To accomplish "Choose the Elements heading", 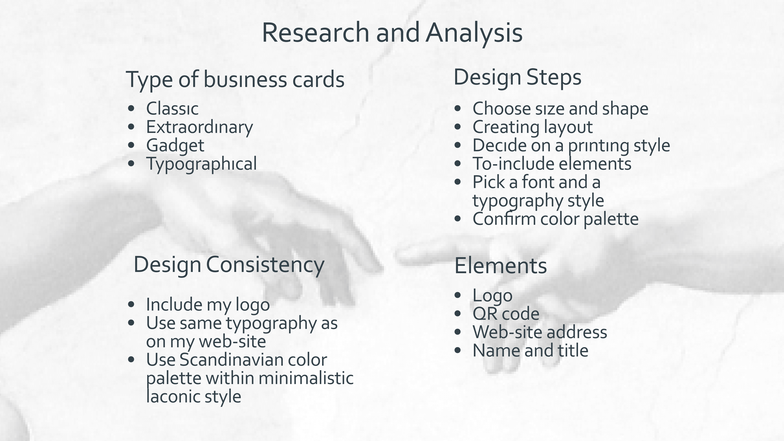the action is coord(500,266).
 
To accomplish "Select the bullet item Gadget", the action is coord(175,146).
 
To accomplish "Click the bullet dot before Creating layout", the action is coord(457,127).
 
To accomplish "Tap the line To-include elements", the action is coord(552,164).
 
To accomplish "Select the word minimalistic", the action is coord(306,378).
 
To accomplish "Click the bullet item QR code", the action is coord(506,314).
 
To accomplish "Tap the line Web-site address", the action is coord(540,332).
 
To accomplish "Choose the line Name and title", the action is coord(530,351).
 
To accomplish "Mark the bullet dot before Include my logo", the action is coord(131,304).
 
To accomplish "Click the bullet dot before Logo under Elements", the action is coord(457,295).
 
